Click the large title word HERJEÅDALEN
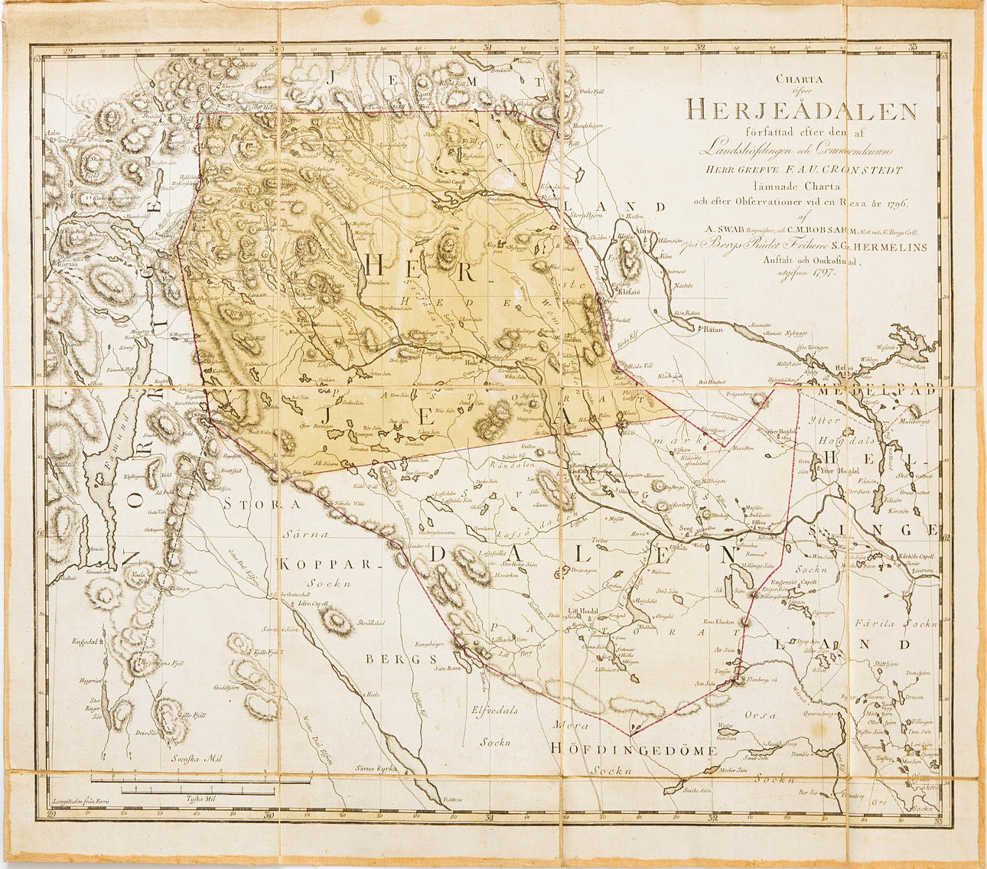pyautogui.click(x=801, y=111)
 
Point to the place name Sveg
pyautogui.click(x=688, y=529)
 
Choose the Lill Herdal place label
pyautogui.click(x=583, y=610)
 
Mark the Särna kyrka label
pyautogui.click(x=374, y=767)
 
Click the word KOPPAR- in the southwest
pyautogui.click(x=330, y=565)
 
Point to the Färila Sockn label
pyautogui.click(x=894, y=623)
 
